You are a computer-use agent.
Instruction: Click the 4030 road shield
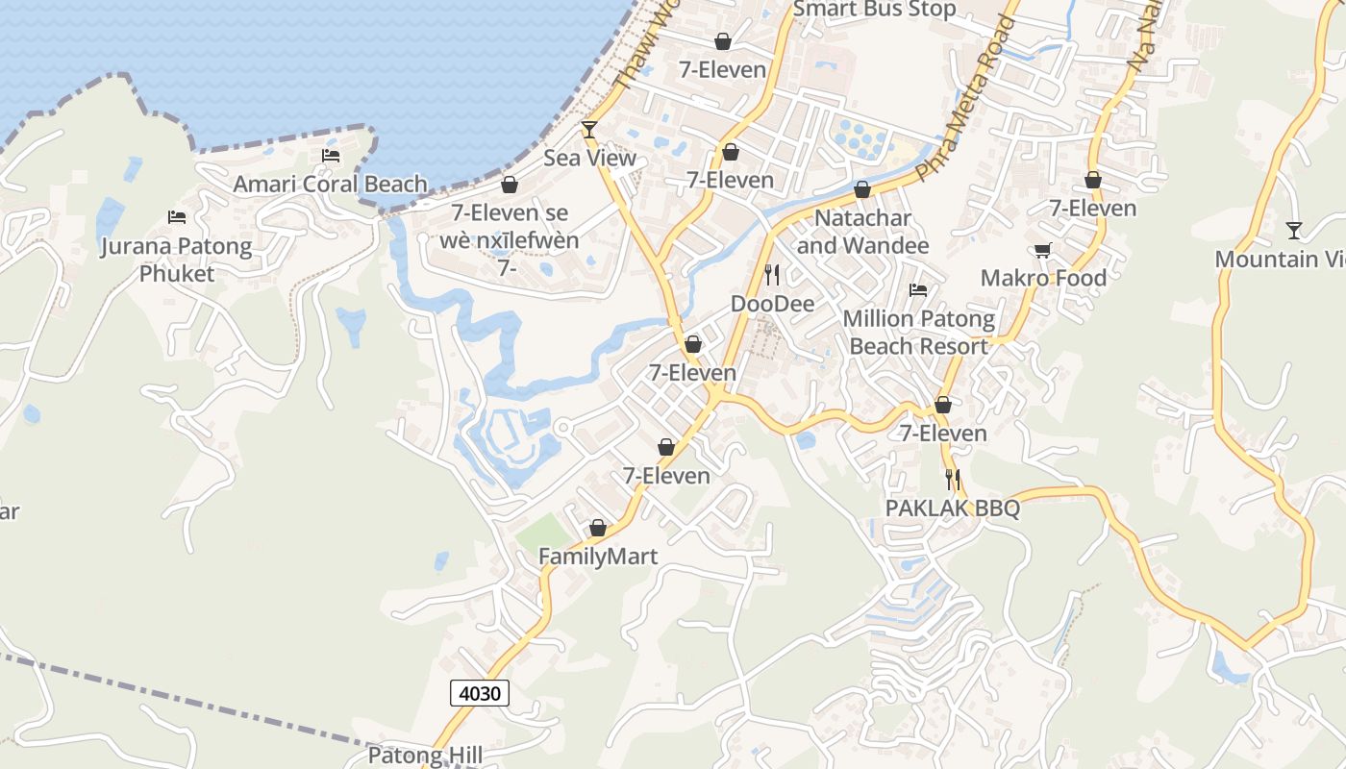pyautogui.click(x=479, y=692)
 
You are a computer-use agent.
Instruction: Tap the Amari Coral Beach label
pyautogui.click(x=331, y=184)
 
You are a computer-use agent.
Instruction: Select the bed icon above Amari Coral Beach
pyautogui.click(x=331, y=156)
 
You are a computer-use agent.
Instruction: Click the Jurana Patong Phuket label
pyautogui.click(x=177, y=260)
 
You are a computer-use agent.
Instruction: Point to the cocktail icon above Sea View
pyautogui.click(x=589, y=130)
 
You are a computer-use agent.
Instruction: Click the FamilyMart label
pyautogui.click(x=598, y=556)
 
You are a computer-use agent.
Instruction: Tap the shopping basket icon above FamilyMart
pyautogui.click(x=598, y=529)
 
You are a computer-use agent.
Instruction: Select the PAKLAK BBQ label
pyautogui.click(x=952, y=508)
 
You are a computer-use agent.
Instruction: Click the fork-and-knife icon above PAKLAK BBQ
pyautogui.click(x=953, y=479)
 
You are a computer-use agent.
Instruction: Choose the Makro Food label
pyautogui.click(x=1043, y=278)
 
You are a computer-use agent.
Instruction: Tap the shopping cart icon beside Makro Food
pyautogui.click(x=1042, y=251)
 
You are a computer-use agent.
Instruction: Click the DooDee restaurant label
pyautogui.click(x=772, y=304)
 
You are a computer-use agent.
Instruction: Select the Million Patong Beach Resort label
pyautogui.click(x=919, y=332)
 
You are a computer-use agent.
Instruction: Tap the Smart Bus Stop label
pyautogui.click(x=874, y=10)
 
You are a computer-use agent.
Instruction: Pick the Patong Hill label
pyautogui.click(x=425, y=756)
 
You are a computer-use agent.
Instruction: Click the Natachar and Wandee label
pyautogui.click(x=862, y=232)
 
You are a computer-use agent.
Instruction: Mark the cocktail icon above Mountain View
pyautogui.click(x=1294, y=231)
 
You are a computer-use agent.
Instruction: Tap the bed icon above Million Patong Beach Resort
pyautogui.click(x=918, y=290)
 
